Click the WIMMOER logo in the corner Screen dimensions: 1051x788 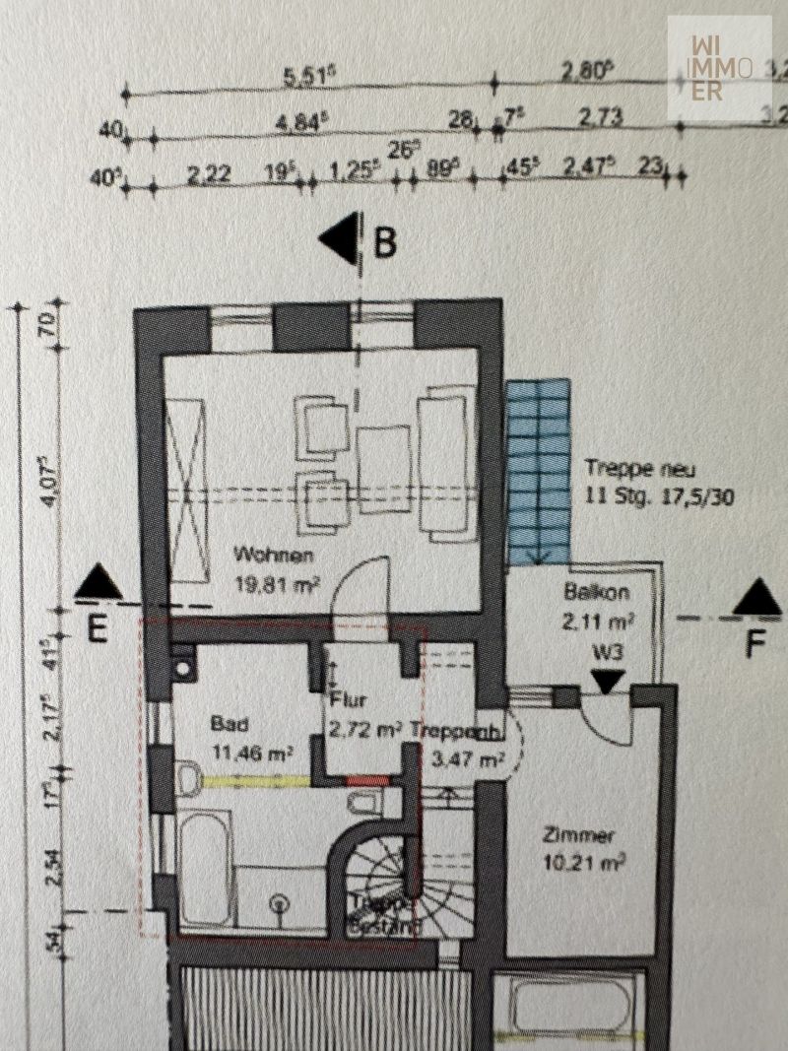click(x=718, y=68)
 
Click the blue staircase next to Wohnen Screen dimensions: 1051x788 click(x=539, y=471)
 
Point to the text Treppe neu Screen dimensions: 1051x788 click(x=626, y=469)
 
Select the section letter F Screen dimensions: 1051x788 click(x=755, y=646)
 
